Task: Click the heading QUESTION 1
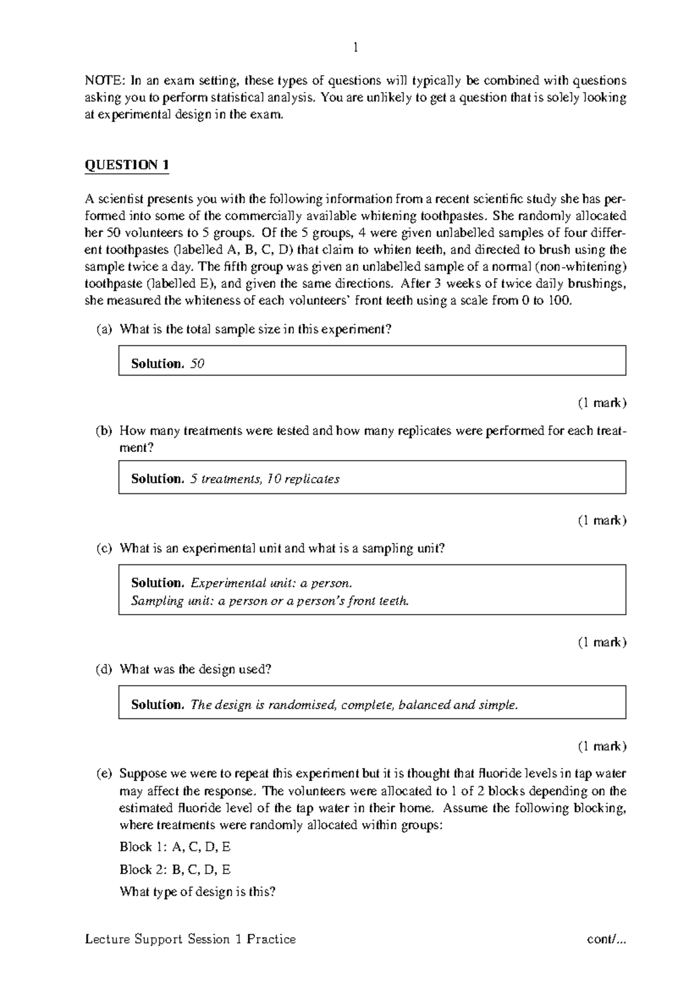click(x=127, y=165)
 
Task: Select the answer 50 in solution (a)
click(x=197, y=364)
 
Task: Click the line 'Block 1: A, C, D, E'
click(x=175, y=847)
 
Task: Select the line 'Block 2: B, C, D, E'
click(x=175, y=869)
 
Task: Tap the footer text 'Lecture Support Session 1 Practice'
click(x=190, y=939)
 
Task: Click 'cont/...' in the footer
click(x=607, y=939)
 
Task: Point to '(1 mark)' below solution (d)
click(x=601, y=746)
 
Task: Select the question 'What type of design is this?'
click(x=197, y=892)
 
